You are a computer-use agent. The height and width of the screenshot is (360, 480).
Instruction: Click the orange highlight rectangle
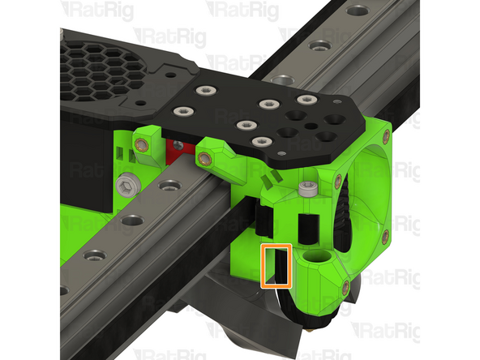click(x=276, y=265)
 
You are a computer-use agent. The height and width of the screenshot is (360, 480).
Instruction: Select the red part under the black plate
click(x=175, y=148)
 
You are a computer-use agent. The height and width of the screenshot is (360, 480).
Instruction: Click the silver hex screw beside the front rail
click(x=128, y=186)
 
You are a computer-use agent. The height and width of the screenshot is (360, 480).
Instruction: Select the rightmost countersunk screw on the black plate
click(x=306, y=100)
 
